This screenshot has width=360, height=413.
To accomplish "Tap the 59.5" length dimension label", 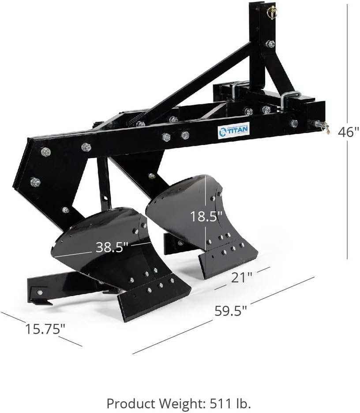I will [230, 310].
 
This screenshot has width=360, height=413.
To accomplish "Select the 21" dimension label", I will [242, 277].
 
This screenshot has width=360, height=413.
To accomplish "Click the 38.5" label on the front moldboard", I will [112, 247].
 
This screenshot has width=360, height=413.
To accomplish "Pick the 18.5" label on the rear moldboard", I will [206, 216].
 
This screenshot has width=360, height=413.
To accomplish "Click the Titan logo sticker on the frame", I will [233, 130].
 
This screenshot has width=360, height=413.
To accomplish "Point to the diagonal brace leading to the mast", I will [199, 84].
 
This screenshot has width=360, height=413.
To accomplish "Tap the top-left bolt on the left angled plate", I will [45, 152].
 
